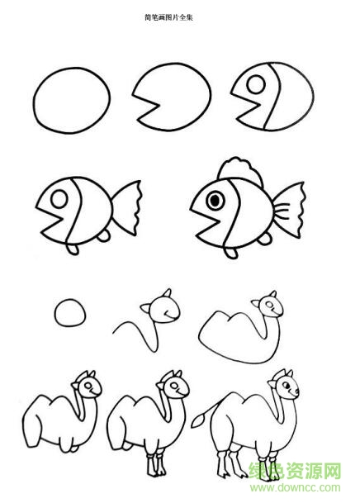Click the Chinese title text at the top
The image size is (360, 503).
click(x=179, y=16)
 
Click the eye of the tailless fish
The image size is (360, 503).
click(x=257, y=84)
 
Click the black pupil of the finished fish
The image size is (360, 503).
click(x=216, y=200)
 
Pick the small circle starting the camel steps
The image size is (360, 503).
click(x=69, y=314)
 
